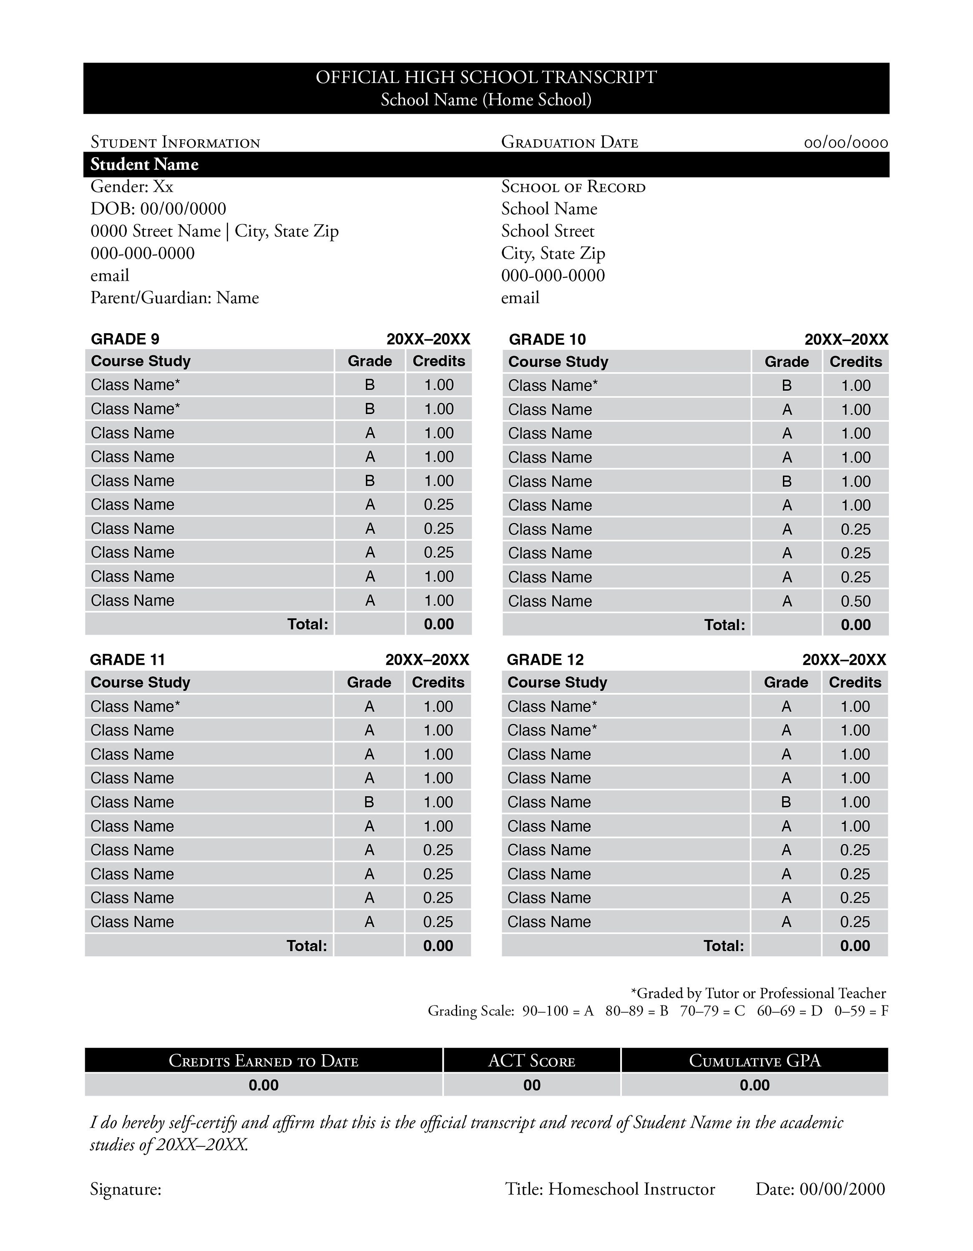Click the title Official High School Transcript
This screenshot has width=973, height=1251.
coord(486,77)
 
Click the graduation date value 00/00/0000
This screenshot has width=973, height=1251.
coord(846,143)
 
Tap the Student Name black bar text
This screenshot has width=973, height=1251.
coord(144,164)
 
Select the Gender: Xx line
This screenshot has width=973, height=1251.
coord(132,187)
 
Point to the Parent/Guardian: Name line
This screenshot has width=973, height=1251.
coord(175,298)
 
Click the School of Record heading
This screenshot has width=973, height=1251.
coord(573,187)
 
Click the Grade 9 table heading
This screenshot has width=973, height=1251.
coord(125,339)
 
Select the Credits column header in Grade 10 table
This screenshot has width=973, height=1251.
coord(855,362)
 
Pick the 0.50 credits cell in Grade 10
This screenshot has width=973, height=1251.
coord(855,601)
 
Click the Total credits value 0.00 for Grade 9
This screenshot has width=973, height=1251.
coord(439,624)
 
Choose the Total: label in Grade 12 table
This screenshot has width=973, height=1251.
coord(724,946)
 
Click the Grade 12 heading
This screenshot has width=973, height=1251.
coord(545,660)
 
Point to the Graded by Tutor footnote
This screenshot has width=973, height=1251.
coord(758,993)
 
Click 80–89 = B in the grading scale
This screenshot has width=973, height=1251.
coord(636,1011)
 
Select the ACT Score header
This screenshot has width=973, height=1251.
coord(531,1061)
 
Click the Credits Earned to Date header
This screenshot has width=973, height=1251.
coord(264,1061)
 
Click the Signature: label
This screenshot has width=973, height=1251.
coord(126,1190)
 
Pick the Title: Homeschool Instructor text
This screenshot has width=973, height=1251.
coord(610,1189)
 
